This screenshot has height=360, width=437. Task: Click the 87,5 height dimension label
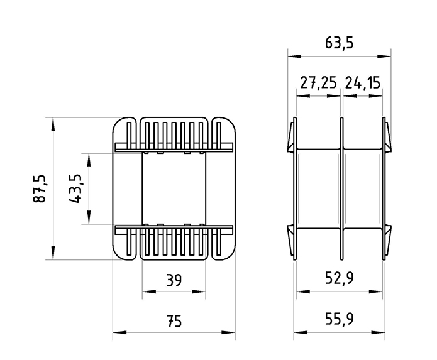pyautogui.click(x=39, y=188)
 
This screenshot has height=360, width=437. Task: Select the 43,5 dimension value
pyautogui.click(x=75, y=188)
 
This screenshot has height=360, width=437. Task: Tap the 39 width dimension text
pyautogui.click(x=174, y=280)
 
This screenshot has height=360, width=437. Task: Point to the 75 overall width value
pyautogui.click(x=174, y=321)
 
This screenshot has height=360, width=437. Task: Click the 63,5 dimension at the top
pyautogui.click(x=339, y=43)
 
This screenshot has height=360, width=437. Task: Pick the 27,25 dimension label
pyautogui.click(x=318, y=83)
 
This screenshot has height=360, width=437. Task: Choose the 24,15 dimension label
pyautogui.click(x=363, y=83)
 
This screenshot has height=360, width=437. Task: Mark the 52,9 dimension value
pyautogui.click(x=339, y=278)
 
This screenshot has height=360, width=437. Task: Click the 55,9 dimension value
pyautogui.click(x=339, y=319)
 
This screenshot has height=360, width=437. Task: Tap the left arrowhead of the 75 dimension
pyautogui.click(x=119, y=332)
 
